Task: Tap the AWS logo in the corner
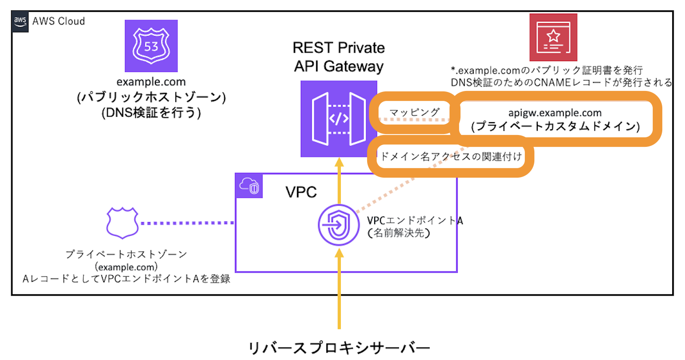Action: point(20,20)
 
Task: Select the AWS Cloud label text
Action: point(58,21)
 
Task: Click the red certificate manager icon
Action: point(553,37)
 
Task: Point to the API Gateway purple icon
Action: point(338,118)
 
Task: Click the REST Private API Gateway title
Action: point(338,57)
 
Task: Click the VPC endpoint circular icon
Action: point(338,225)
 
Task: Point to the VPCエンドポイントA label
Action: point(415,221)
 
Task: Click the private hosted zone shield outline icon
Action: point(122,223)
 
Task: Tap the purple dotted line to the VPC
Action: point(188,223)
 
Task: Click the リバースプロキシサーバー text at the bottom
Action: point(339,348)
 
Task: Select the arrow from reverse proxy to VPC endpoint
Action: point(339,289)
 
